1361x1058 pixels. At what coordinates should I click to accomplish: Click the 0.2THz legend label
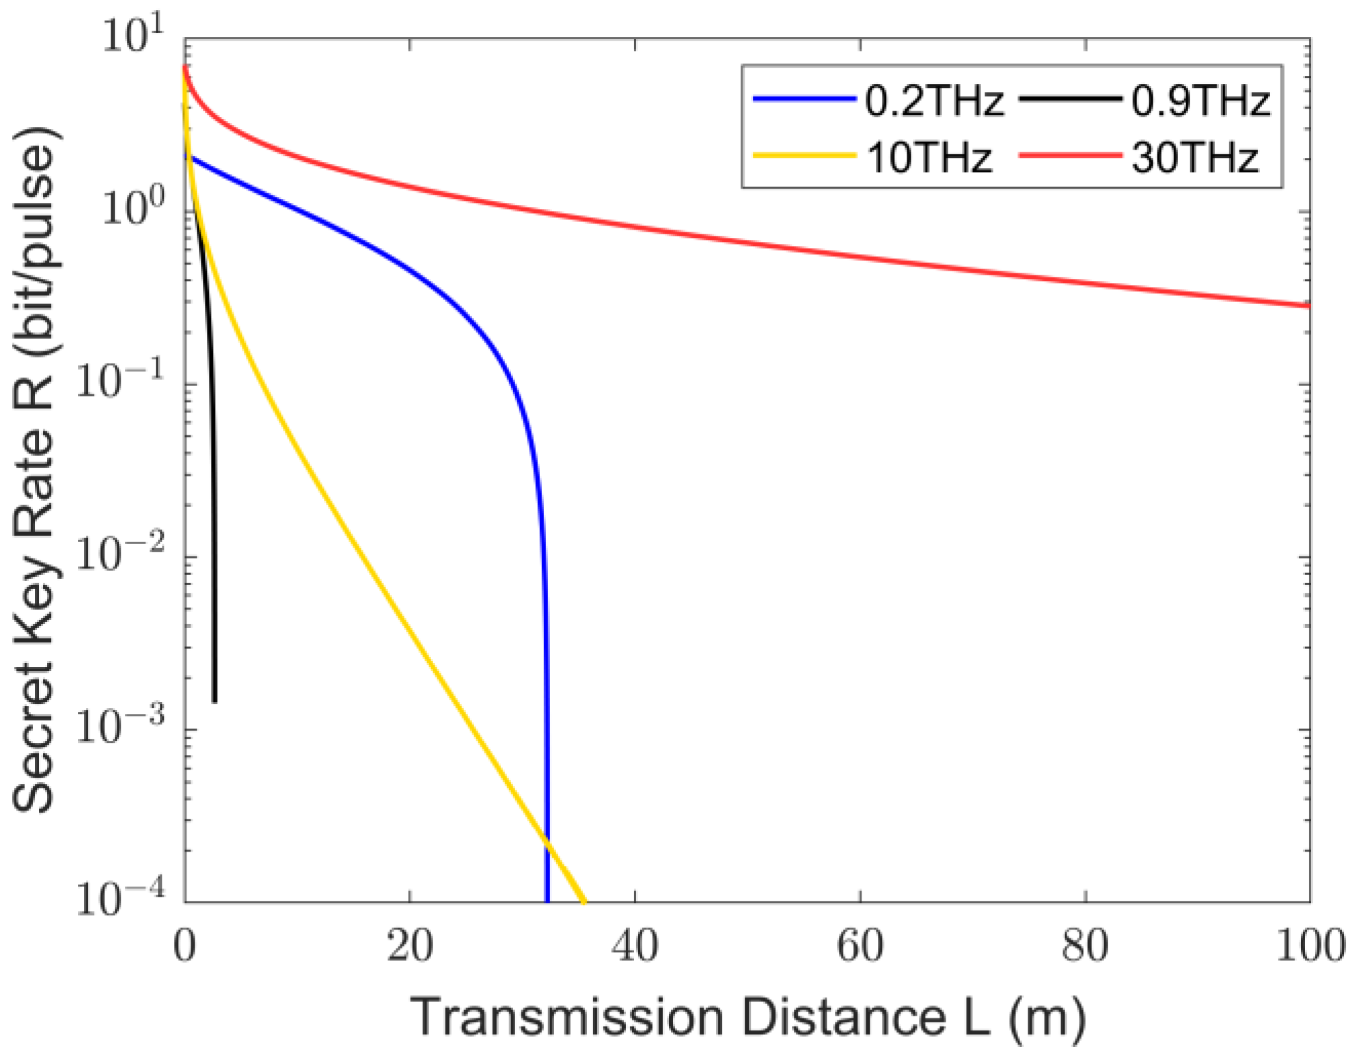click(x=934, y=101)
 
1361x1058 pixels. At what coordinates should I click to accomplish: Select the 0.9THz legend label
click(x=1200, y=101)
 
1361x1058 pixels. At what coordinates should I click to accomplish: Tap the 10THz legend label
click(x=929, y=158)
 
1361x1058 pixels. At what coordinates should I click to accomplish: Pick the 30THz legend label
click(x=1195, y=158)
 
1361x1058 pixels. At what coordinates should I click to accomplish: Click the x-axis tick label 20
click(x=410, y=947)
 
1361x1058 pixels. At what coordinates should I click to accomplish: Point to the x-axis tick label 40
click(x=635, y=947)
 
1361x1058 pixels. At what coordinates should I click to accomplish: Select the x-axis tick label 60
click(x=860, y=947)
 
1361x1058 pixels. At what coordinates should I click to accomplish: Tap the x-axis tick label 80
click(x=1085, y=947)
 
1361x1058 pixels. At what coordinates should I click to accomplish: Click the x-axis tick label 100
click(x=1310, y=947)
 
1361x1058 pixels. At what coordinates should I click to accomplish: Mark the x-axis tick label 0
click(x=184, y=947)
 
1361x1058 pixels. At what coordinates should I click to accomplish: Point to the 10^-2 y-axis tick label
click(x=120, y=554)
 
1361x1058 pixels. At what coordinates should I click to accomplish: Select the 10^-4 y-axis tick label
click(x=120, y=898)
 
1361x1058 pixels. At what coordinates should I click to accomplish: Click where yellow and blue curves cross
click(x=547, y=841)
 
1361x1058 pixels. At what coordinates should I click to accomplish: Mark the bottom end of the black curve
click(x=215, y=700)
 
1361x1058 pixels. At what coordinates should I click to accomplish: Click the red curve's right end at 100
click(x=1308, y=306)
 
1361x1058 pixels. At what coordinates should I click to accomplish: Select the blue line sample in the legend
click(x=804, y=100)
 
